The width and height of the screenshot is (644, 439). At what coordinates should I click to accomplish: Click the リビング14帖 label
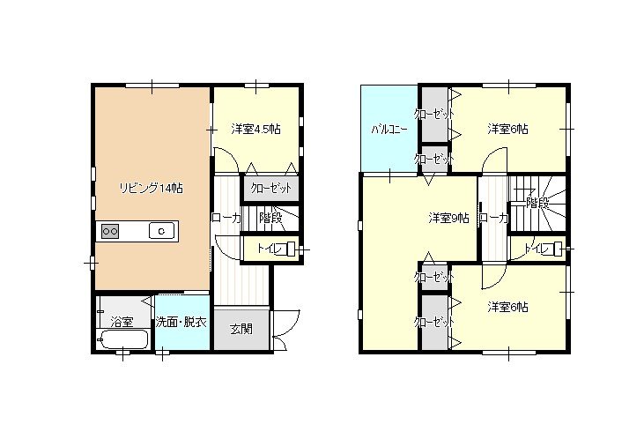point(151,189)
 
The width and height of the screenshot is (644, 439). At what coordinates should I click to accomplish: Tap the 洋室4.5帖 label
point(255,129)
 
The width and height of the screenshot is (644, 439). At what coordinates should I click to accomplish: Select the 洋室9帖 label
point(449,218)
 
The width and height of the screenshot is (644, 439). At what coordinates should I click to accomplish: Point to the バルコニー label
point(389,130)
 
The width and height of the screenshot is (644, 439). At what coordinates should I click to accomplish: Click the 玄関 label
point(241,330)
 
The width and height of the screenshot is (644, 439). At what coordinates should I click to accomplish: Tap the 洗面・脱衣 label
point(181,323)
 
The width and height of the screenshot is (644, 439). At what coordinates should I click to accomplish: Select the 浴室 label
point(122,321)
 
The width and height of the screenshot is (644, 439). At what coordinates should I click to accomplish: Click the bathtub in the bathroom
point(122,339)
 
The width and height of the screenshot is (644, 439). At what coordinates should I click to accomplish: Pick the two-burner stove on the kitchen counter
point(110,232)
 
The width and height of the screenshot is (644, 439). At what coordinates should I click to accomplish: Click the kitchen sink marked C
point(161,231)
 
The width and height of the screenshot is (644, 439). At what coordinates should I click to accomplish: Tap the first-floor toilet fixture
point(292,249)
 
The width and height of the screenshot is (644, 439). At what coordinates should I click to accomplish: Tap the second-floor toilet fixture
point(558,249)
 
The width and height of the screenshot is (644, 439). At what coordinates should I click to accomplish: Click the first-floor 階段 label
point(270,218)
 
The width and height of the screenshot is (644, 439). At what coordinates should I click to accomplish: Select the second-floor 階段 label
point(537,203)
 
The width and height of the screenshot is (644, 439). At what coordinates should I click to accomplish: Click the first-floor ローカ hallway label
point(226,218)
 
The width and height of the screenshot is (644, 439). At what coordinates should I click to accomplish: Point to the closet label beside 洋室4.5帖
point(270,189)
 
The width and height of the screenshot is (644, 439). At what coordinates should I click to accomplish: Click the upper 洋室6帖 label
point(508,129)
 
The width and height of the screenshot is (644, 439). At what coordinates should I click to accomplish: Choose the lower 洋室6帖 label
point(508,307)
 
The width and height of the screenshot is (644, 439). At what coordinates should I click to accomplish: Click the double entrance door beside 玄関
point(285,329)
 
